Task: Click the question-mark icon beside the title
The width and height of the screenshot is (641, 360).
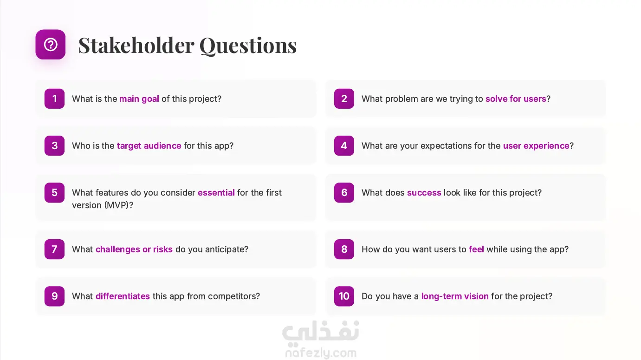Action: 51,45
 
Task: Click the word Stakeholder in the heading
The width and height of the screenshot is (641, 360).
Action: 136,45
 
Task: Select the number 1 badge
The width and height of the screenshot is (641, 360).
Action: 54,98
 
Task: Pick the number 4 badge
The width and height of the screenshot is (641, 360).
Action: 344,145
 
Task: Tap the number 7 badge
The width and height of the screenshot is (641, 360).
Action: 54,249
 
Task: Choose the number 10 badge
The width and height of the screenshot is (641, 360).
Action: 344,296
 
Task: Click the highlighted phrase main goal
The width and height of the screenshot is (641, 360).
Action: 139,99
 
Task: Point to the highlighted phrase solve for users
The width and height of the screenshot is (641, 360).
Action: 516,99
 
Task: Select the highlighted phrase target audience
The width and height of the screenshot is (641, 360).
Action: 149,146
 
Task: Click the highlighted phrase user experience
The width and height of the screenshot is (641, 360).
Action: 536,146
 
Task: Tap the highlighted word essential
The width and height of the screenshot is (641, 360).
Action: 216,192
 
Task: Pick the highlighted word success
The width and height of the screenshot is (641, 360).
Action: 424,193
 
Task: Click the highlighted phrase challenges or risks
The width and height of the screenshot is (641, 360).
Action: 134,249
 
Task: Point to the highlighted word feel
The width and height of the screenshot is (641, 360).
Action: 476,249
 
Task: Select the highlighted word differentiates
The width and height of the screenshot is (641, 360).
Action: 123,296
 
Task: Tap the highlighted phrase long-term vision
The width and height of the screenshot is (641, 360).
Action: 455,296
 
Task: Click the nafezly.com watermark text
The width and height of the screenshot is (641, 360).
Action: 321,353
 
